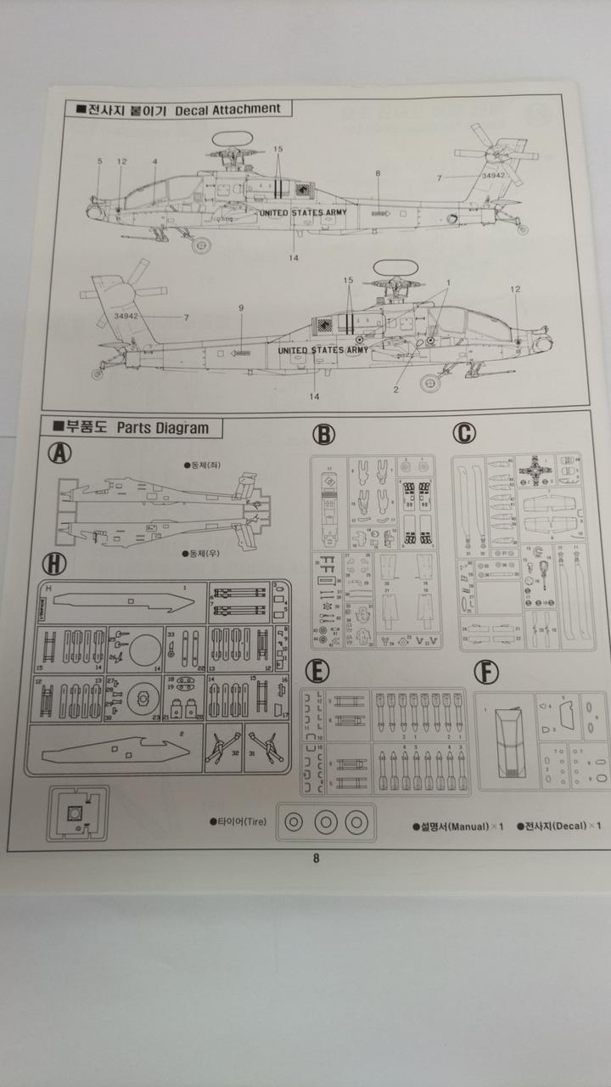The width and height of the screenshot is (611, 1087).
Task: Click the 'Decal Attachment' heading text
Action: point(227,109)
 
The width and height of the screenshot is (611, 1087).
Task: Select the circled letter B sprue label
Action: point(322,435)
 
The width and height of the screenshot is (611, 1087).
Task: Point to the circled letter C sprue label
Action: point(463,433)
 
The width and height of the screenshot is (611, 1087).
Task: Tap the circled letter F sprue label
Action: point(486,673)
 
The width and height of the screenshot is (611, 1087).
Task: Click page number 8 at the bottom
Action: point(316,858)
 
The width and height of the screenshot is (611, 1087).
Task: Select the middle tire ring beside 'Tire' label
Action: point(327,822)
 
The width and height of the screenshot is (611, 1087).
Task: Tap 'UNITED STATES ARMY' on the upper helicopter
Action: point(304,213)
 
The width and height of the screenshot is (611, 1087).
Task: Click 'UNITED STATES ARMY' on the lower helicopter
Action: point(323,349)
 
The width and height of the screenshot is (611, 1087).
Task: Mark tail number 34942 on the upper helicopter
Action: point(493,176)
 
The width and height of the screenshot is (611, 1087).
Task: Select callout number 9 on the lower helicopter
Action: point(241,307)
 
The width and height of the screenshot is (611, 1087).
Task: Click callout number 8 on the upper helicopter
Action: point(378,173)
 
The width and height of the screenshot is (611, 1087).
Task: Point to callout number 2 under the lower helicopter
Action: point(395,390)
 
